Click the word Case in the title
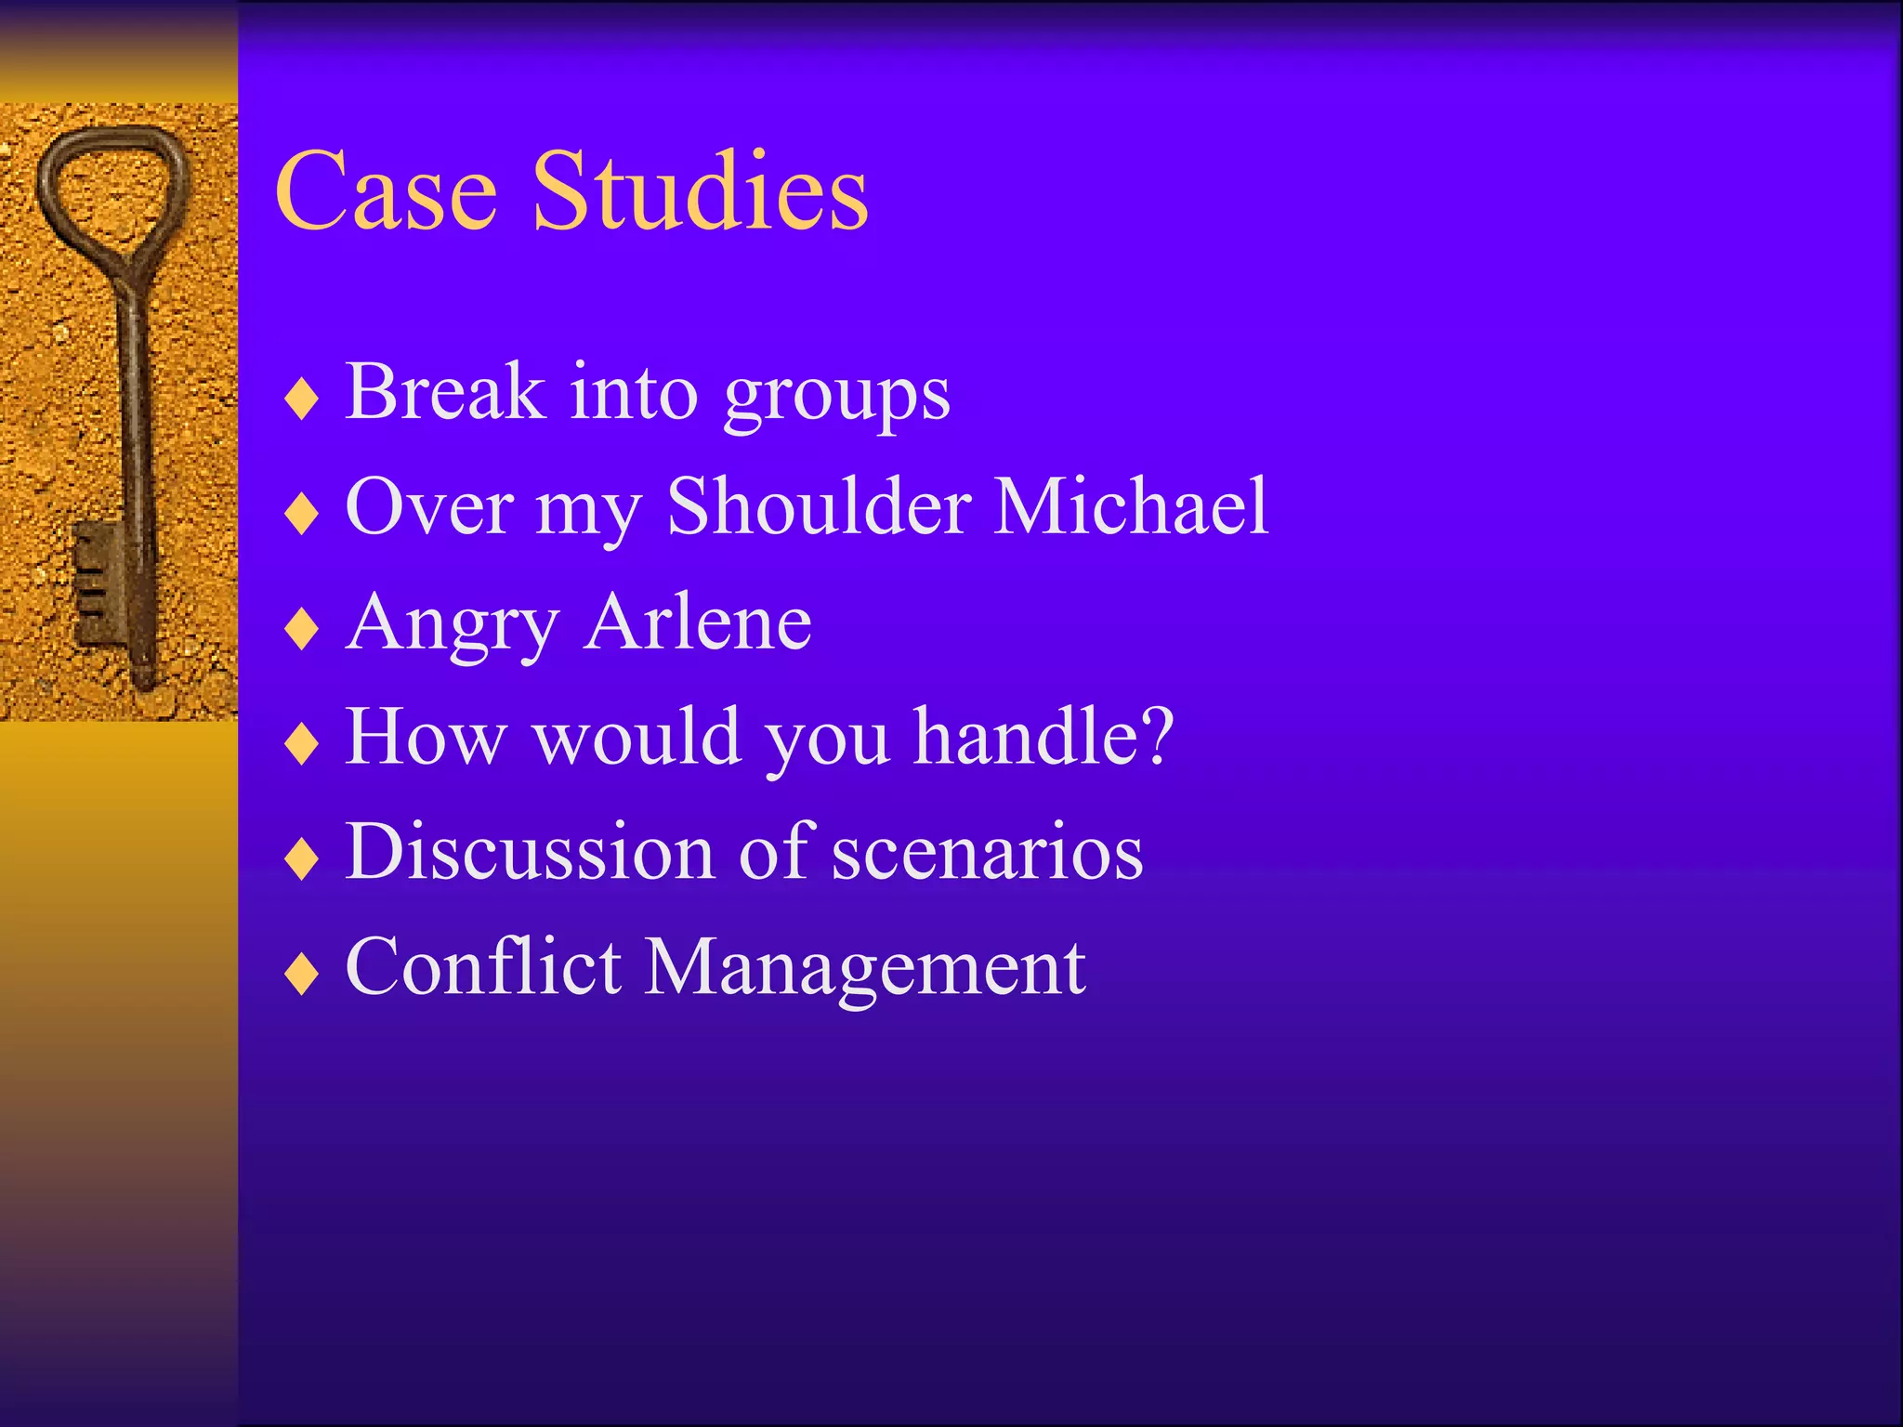pos(386,192)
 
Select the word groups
pos(836,398)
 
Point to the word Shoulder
pos(820,506)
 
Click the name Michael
pos(1130,506)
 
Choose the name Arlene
pos(699,622)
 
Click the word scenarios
pos(987,854)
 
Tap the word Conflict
pos(483,967)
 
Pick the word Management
pos(864,970)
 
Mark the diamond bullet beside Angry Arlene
pos(302,630)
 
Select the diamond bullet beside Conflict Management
pos(302,975)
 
